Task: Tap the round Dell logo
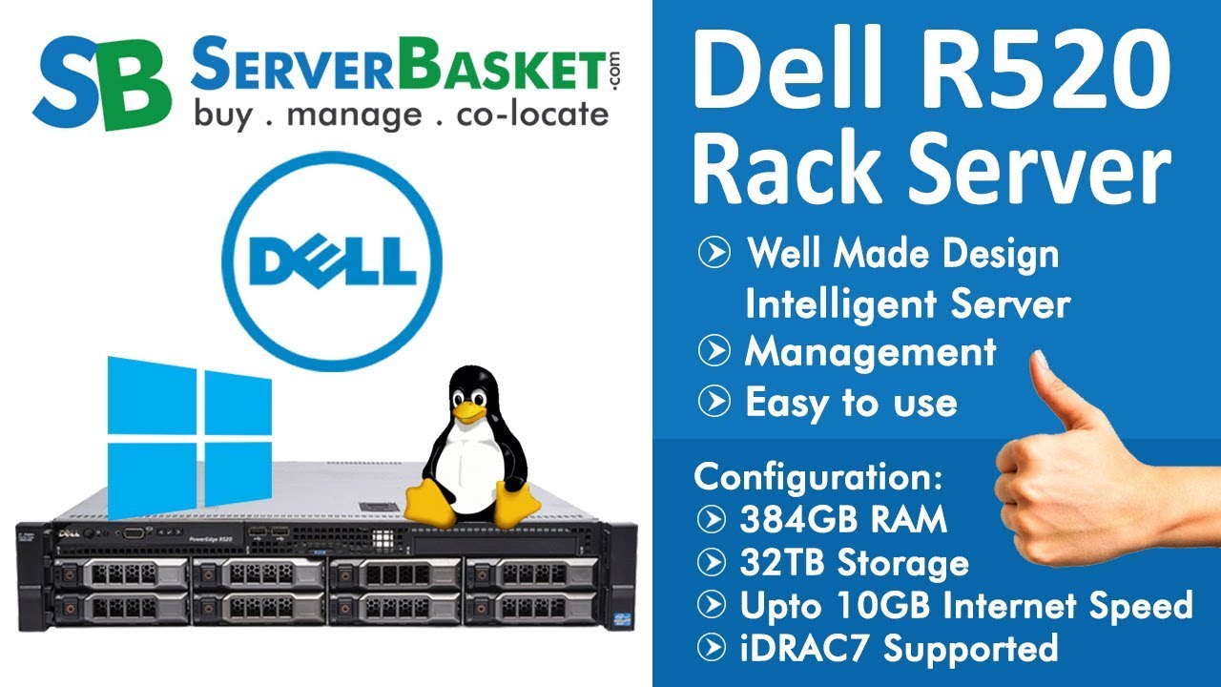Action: tap(332, 260)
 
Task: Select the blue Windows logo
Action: tap(189, 436)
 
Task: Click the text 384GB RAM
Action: tap(842, 520)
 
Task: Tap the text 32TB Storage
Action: tap(854, 563)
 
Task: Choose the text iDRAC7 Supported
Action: tap(898, 648)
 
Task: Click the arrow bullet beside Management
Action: tap(714, 352)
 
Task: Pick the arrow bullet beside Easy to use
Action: tap(714, 402)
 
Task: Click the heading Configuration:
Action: tap(818, 476)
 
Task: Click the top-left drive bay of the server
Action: tap(121, 573)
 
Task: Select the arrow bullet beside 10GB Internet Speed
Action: tap(712, 605)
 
